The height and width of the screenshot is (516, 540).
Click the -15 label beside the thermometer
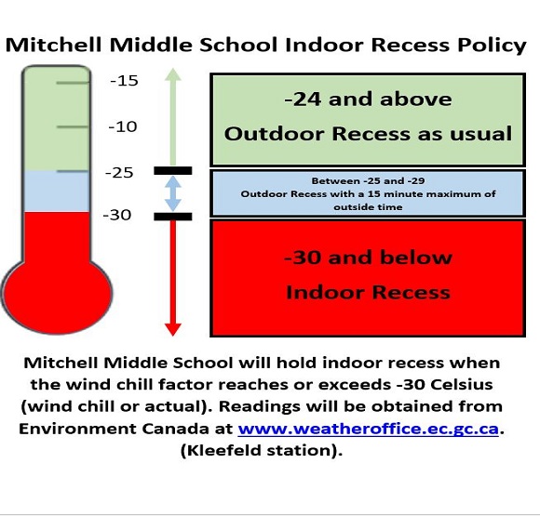(125, 81)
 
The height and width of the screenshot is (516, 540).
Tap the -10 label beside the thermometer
(123, 127)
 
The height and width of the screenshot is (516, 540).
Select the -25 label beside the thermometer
(119, 172)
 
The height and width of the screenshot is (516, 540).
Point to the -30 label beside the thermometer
(117, 215)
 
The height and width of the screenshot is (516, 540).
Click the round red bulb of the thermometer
(57, 294)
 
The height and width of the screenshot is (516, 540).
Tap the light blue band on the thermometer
(57, 192)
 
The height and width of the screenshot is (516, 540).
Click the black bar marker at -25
(173, 171)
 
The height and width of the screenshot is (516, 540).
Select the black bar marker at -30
(173, 217)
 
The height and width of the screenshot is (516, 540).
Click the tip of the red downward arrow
(173, 336)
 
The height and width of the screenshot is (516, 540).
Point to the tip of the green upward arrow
(173, 69)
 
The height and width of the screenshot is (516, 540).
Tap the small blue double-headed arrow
(173, 193)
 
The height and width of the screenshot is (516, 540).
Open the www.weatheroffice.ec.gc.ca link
(369, 429)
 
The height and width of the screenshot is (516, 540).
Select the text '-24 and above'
(368, 99)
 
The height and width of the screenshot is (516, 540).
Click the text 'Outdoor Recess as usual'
(368, 134)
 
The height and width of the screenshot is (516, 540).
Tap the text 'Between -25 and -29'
(368, 181)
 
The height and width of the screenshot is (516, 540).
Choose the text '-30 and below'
(368, 258)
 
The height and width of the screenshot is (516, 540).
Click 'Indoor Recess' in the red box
(368, 293)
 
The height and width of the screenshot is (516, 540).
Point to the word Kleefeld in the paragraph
(223, 450)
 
